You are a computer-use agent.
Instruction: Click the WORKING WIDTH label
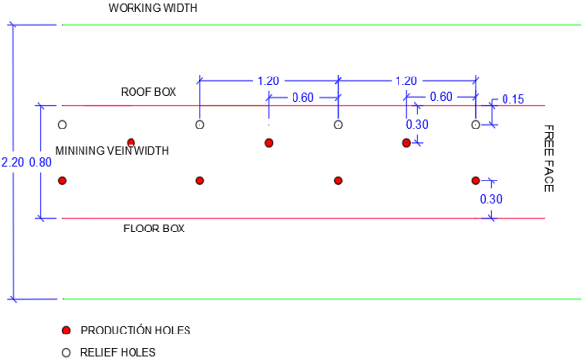tap(153, 8)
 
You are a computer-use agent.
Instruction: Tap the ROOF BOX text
tap(148, 92)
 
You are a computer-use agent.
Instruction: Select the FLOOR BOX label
tap(153, 229)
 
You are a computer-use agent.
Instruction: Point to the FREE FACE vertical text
tap(548, 158)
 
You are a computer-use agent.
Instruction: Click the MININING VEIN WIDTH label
tap(112, 151)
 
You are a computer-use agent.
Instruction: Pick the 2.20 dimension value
tap(13, 162)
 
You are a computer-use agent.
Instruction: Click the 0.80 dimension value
tap(40, 162)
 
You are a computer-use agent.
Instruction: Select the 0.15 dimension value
tap(513, 99)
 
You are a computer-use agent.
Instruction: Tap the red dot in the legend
tap(66, 331)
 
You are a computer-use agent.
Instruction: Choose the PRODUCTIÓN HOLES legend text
tap(135, 331)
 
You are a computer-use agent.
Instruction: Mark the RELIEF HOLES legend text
tap(118, 352)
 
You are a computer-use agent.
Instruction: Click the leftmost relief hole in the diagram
tap(62, 125)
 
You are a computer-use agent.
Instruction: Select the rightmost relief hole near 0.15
tap(476, 125)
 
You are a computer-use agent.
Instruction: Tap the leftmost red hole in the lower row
tap(62, 180)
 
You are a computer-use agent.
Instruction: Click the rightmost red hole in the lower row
tap(476, 180)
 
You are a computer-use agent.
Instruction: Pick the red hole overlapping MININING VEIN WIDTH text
tap(131, 143)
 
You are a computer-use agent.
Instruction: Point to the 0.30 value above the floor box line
tap(491, 199)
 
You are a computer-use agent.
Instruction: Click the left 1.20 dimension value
tap(268, 80)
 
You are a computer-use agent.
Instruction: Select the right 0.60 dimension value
tap(441, 97)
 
